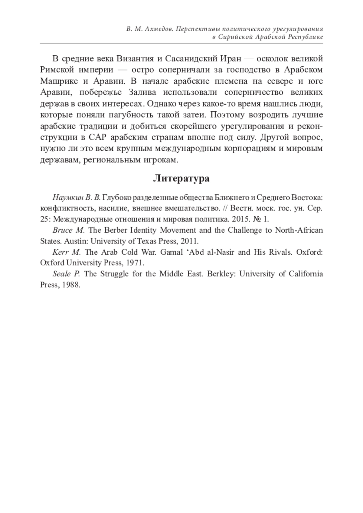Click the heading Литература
coord(181,178)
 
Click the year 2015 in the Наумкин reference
coord(240,219)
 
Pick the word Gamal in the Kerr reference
coord(172,252)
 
